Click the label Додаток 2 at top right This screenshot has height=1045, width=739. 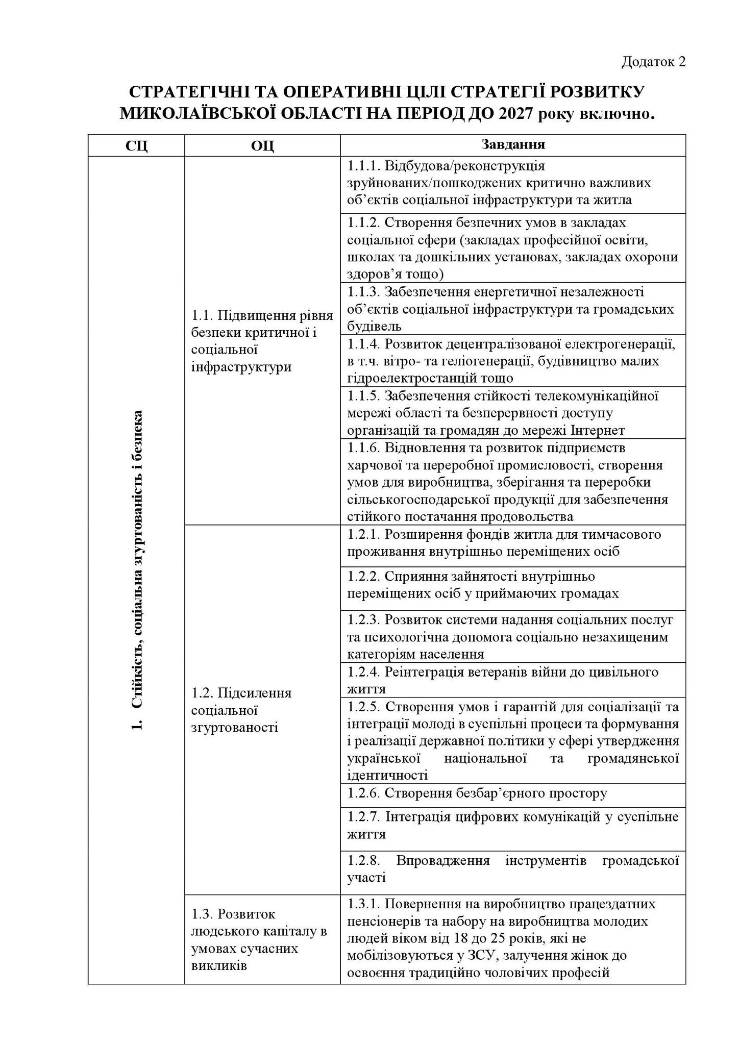(x=653, y=62)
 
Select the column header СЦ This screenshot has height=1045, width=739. (x=136, y=146)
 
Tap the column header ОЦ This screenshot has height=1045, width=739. (x=262, y=146)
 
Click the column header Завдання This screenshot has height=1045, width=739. (x=513, y=145)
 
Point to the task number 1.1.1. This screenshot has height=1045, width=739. (x=363, y=166)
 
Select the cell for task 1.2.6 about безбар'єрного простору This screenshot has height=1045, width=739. (x=512, y=793)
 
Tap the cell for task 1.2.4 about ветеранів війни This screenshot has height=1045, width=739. (x=512, y=680)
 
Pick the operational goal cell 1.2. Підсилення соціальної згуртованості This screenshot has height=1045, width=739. (x=262, y=710)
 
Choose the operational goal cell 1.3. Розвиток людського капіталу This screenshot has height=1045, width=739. (x=262, y=939)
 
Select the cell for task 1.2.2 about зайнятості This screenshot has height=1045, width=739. (x=512, y=585)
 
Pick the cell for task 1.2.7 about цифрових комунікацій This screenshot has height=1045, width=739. (x=512, y=826)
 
